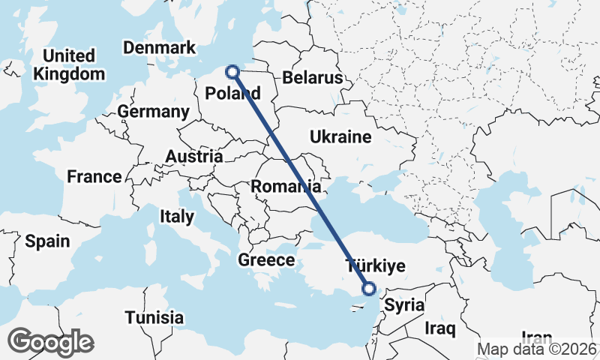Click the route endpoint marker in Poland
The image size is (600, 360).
coord(232,72)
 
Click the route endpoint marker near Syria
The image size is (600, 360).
coord(369,288)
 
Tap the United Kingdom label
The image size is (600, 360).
coord(69,65)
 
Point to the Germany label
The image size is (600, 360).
coord(153,112)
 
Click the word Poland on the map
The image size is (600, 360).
coord(232,94)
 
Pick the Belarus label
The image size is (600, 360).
coord(312,78)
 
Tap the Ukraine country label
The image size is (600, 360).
coord(341,137)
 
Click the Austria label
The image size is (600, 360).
coord(194,157)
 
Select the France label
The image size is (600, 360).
coord(94,177)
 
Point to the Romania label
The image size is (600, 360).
coord(287,186)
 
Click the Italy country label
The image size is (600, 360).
coord(177,217)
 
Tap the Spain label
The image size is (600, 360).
coord(47,241)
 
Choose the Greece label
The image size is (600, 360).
coord(266,260)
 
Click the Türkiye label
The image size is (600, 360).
coord(374,265)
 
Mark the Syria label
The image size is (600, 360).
coord(403,306)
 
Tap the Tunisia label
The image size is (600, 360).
coord(154,317)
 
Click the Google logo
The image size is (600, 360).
coord(50,342)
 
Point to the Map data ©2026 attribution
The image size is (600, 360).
coord(538,349)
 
